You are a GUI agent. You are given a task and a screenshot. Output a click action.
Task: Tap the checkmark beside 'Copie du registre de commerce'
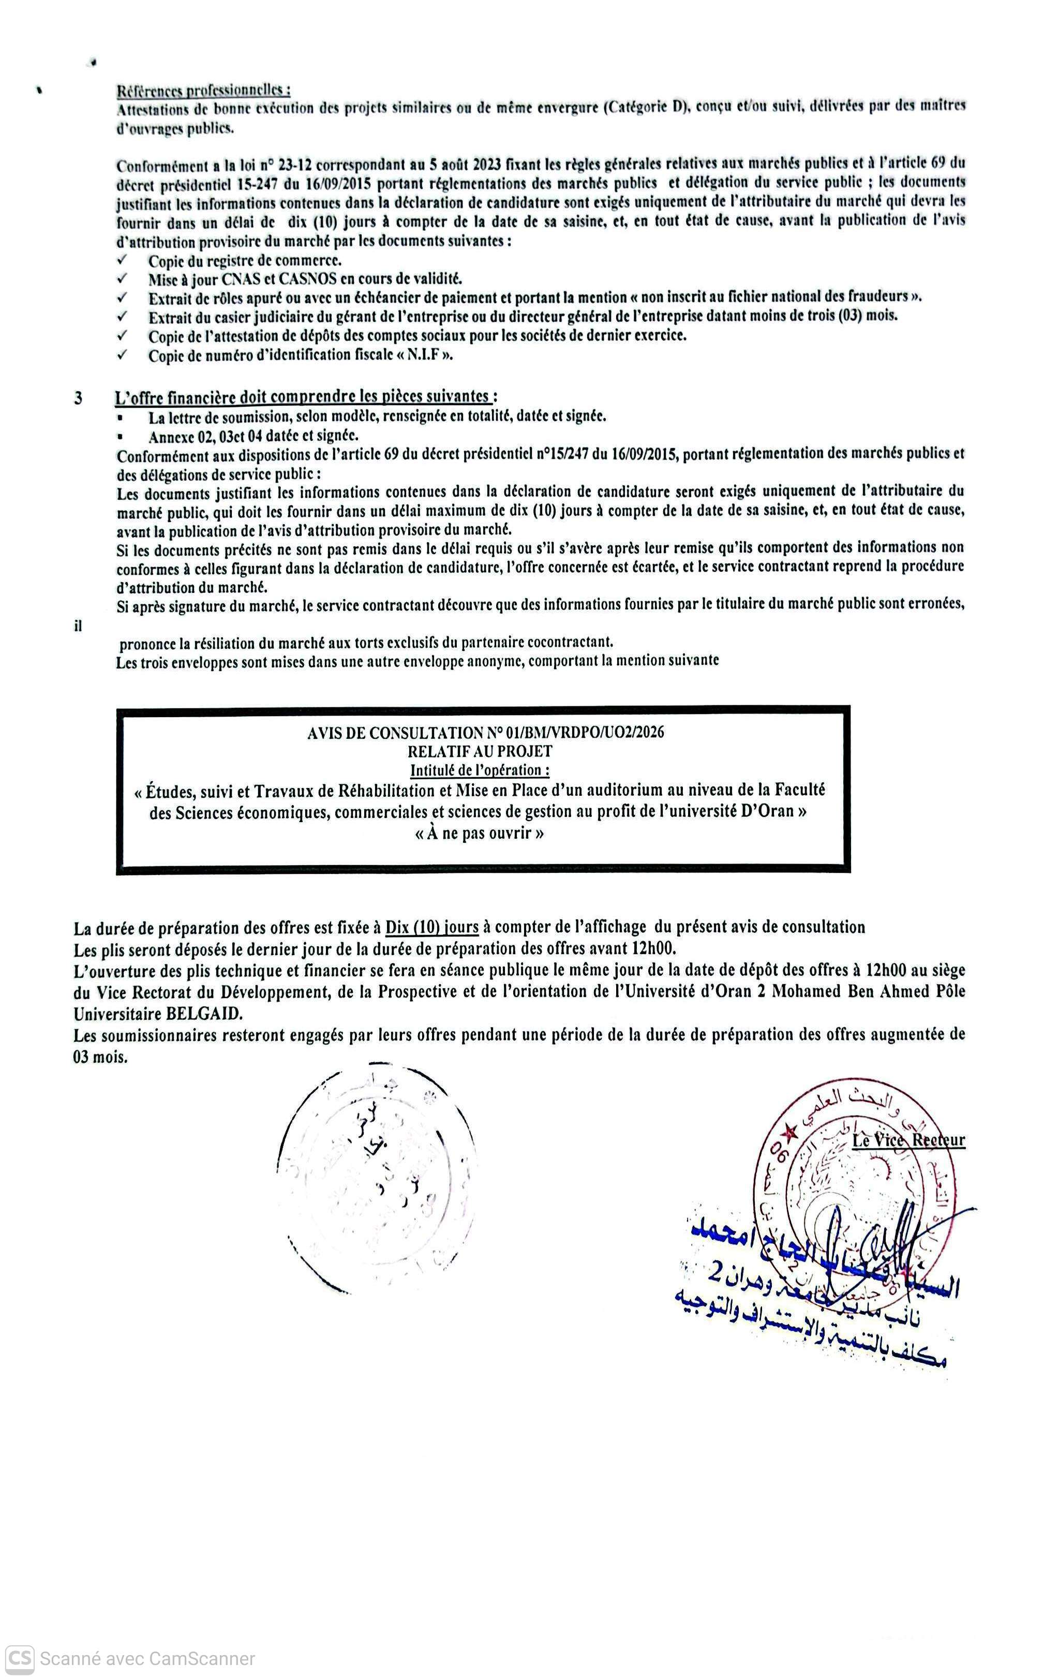pos(122,260)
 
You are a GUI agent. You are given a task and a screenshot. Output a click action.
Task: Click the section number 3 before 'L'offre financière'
pos(78,398)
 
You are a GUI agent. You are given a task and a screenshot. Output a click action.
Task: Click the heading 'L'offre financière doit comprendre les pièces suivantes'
pos(304,396)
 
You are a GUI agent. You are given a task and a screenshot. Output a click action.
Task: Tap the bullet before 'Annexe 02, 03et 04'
pos(122,437)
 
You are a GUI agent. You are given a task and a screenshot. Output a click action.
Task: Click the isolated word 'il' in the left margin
pos(78,626)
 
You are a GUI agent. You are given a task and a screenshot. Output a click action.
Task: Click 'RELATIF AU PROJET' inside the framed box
pos(480,751)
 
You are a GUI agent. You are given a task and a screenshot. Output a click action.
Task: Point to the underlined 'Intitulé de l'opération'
pos(480,770)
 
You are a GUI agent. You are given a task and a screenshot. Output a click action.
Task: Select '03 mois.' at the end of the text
pos(101,1057)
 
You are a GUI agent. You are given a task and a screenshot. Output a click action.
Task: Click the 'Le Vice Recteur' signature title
pos(908,1140)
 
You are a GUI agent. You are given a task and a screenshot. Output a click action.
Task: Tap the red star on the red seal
pos(789,1132)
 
